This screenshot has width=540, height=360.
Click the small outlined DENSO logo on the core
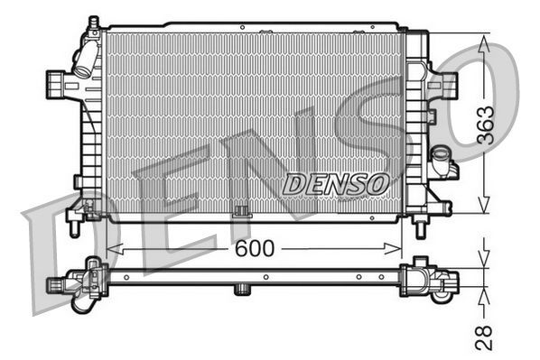[336, 182]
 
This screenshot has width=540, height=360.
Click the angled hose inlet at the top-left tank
[85, 61]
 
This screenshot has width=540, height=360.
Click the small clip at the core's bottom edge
[241, 213]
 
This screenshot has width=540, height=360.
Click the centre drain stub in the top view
[241, 289]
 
